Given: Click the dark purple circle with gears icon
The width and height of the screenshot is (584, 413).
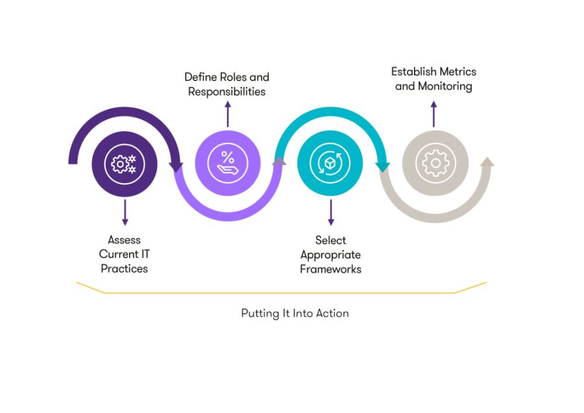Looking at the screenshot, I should (124, 164).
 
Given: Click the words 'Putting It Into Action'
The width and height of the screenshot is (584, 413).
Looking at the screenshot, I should (295, 313).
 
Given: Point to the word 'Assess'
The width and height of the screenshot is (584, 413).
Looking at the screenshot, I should (124, 240).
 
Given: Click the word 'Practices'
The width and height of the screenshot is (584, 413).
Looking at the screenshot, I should (124, 268).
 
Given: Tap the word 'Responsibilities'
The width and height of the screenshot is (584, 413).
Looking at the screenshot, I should (227, 92).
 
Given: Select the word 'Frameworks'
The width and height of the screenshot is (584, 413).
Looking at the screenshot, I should (331, 268).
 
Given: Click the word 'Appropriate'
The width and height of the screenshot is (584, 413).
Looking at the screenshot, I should (331, 255).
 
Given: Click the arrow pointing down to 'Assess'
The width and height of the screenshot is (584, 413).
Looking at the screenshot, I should (124, 213).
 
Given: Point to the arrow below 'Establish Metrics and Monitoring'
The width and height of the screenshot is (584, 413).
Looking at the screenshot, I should (433, 113).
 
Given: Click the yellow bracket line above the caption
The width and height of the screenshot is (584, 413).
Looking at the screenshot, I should (279, 293).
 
